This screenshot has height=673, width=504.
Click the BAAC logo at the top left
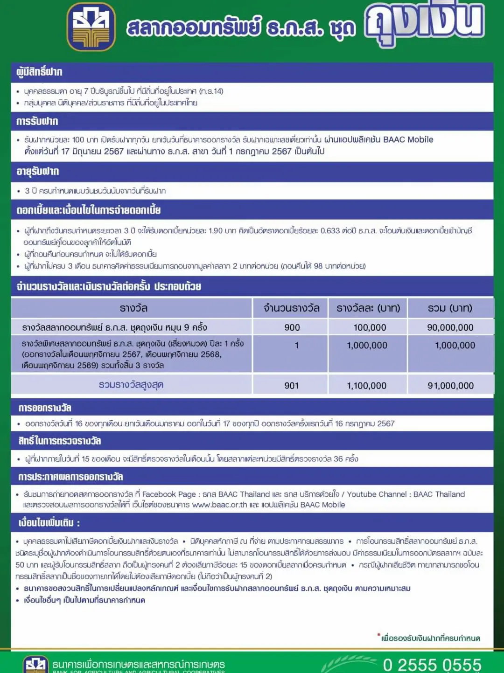tap(91, 27)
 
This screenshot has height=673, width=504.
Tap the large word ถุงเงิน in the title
tap(424, 22)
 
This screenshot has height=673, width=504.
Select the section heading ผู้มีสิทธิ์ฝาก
tap(39, 72)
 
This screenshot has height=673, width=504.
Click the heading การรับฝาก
tap(37, 122)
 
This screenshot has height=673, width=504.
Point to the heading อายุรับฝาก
tap(38, 172)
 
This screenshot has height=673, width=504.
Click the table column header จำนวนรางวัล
tap(291, 308)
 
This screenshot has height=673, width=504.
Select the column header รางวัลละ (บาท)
tap(368, 308)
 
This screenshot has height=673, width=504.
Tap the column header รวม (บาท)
tap(450, 308)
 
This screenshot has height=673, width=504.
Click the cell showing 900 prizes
tap(292, 327)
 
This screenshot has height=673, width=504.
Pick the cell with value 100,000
tap(370, 327)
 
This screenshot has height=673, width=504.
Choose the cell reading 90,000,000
tap(450, 327)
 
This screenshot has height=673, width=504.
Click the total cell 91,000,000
tap(450, 386)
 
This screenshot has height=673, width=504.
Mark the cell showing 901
tap(292, 386)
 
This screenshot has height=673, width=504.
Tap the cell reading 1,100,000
tap(367, 386)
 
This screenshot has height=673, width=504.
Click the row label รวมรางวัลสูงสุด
tap(131, 385)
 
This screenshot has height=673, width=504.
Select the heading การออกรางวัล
tap(45, 408)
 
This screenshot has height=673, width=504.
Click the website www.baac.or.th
tap(219, 505)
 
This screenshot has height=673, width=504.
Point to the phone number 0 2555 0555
tap(432, 665)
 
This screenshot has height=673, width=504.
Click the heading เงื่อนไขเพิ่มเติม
tap(49, 523)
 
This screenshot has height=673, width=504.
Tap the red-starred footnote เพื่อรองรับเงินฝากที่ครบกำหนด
tap(430, 638)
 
